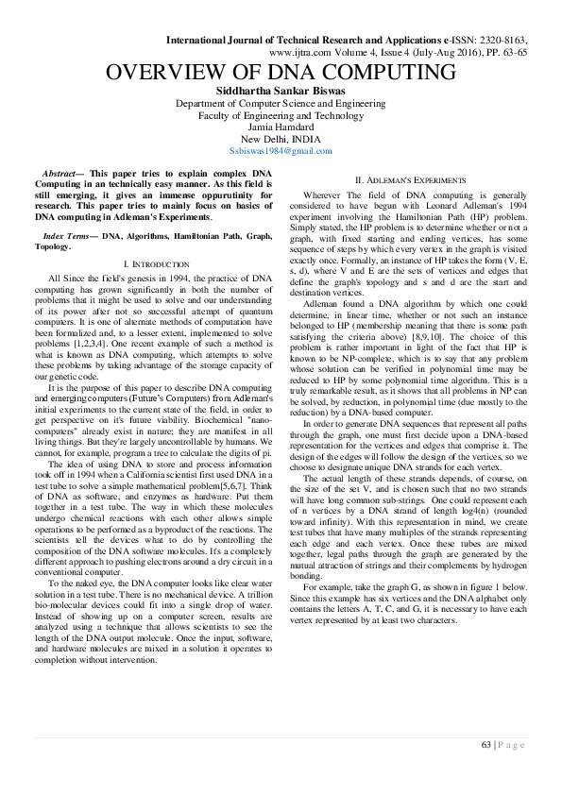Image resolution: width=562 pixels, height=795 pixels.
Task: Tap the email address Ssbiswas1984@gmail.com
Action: click(x=281, y=150)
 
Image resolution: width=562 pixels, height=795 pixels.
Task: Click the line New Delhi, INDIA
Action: click(x=281, y=139)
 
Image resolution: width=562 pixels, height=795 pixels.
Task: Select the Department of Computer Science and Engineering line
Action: click(x=281, y=103)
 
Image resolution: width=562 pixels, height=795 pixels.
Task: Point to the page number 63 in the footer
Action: click(x=485, y=745)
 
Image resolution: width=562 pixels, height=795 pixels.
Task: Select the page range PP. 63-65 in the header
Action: click(x=502, y=54)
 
